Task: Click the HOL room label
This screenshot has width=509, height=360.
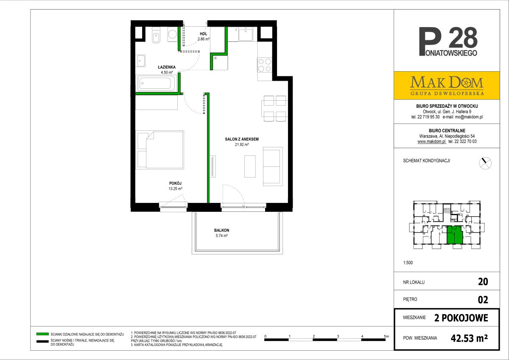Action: pyautogui.click(x=203, y=34)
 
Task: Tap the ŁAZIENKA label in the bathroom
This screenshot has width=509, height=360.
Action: pyautogui.click(x=167, y=67)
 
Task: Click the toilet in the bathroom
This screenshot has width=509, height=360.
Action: pyautogui.click(x=156, y=36)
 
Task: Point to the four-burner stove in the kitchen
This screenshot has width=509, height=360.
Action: pyautogui.click(x=265, y=65)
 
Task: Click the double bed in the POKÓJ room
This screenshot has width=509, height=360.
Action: pyautogui.click(x=160, y=150)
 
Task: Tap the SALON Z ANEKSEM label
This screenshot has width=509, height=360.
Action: pyautogui.click(x=242, y=139)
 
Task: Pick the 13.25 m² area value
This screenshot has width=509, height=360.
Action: pyautogui.click(x=176, y=188)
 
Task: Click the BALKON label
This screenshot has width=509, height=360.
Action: pyautogui.click(x=221, y=230)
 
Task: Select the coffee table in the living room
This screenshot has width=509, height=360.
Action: pyautogui.click(x=250, y=166)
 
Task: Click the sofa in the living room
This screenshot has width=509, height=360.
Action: pyautogui.click(x=273, y=166)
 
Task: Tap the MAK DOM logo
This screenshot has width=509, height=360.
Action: pyautogui.click(x=447, y=85)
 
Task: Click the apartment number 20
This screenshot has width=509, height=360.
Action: pyautogui.click(x=483, y=282)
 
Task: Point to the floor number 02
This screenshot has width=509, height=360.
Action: pyautogui.click(x=483, y=300)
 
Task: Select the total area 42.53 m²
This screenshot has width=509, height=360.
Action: pyautogui.click(x=469, y=338)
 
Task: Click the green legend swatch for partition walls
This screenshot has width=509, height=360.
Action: pyautogui.click(x=42, y=334)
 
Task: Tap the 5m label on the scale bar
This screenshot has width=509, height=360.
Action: pyautogui.click(x=386, y=336)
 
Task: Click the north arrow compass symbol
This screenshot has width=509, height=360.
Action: pyautogui.click(x=485, y=163)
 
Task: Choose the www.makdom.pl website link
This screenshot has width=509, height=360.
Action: pyautogui.click(x=431, y=141)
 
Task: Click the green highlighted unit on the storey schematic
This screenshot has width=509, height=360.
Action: pyautogui.click(x=455, y=235)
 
